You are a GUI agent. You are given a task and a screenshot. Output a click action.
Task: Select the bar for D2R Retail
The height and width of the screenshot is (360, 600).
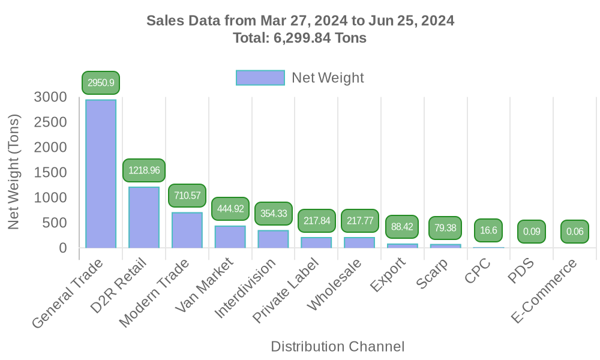click(144, 217)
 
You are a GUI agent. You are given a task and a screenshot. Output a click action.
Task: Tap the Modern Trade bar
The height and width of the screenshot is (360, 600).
click(187, 229)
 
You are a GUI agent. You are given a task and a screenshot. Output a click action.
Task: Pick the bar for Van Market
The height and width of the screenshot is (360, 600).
click(230, 236)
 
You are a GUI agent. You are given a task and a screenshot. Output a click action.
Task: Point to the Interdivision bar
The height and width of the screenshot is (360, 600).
click(274, 238)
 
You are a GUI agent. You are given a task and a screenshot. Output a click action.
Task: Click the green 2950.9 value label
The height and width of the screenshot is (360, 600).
click(101, 83)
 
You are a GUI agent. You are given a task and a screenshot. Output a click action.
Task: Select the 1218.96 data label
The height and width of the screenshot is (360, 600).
click(144, 170)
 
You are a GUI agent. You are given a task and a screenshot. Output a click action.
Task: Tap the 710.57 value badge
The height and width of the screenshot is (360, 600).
click(187, 196)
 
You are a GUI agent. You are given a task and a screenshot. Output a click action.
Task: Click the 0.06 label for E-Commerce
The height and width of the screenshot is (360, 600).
click(575, 232)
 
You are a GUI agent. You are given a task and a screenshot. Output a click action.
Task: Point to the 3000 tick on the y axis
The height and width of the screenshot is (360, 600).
click(50, 97)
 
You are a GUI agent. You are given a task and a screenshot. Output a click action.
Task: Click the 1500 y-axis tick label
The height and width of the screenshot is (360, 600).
click(50, 172)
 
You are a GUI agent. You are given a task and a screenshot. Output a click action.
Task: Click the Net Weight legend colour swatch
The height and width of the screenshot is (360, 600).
click(260, 78)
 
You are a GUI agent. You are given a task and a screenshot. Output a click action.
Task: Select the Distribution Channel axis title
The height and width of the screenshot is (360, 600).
click(337, 346)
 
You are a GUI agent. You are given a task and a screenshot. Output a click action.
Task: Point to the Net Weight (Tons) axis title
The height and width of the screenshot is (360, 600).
click(14, 172)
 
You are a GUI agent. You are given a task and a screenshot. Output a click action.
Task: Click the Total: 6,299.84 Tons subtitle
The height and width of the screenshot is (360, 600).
click(300, 38)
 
